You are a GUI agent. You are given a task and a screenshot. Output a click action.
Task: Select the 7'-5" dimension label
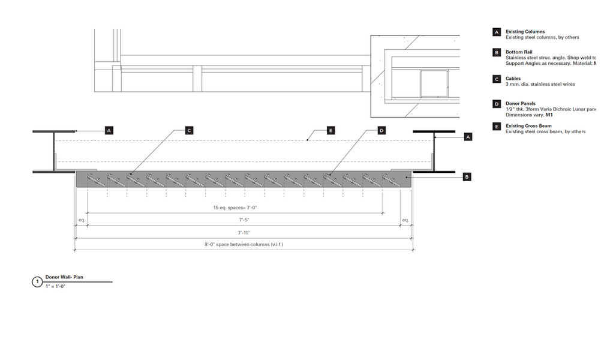244,220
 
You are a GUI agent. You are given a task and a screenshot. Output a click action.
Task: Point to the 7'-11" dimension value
244,232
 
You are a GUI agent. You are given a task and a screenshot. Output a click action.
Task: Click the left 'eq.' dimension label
82,220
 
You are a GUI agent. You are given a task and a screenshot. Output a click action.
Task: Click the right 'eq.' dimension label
405,220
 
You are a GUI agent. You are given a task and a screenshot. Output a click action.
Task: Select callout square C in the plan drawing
189,130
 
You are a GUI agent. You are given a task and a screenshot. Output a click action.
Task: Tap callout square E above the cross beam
330,130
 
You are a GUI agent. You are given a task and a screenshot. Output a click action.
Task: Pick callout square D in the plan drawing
381,130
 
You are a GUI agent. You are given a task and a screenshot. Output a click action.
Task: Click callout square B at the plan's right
467,176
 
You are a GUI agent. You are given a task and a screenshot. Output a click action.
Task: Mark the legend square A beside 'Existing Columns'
497,32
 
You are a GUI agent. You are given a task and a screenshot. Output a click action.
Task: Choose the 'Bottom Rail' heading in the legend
519,52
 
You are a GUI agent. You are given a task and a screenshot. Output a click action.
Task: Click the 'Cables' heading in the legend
513,79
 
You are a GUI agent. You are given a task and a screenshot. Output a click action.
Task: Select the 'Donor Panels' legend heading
521,104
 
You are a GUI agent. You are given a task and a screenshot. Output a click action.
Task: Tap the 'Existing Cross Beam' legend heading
528,126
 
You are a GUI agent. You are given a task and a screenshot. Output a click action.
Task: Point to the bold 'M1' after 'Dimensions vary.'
549,115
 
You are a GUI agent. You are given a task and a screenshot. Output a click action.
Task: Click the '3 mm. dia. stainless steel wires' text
540,85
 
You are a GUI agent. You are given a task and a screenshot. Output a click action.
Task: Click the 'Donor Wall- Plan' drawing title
64,277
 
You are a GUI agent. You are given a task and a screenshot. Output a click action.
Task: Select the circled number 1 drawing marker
37,281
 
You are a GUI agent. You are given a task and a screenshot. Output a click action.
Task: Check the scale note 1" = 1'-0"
55,286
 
